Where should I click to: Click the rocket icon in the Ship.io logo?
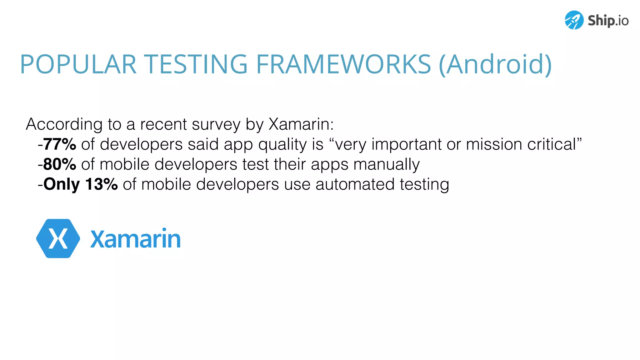pos(574,20)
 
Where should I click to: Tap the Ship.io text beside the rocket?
pos(608,21)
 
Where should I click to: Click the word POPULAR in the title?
pos(78,64)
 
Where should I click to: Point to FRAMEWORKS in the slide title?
pos(343,64)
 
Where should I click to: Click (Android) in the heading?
pos(495,64)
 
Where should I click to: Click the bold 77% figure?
pos(59,144)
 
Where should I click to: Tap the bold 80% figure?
pos(59,164)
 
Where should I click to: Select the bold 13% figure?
pos(101,184)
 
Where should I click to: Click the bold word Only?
pos(62,184)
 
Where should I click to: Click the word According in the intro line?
pos(64,124)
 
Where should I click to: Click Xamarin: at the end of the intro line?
pos(301,124)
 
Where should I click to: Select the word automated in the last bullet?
pos(355,184)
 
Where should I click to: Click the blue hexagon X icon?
pos(58,238)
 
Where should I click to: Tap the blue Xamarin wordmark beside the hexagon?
pos(135,239)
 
